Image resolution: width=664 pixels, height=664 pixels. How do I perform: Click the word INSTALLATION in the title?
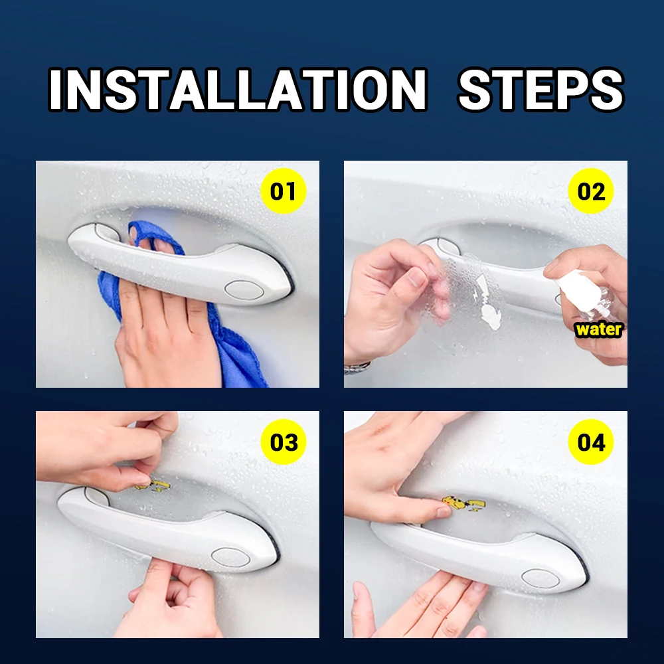(238, 90)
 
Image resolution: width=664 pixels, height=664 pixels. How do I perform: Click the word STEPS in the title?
(540, 90)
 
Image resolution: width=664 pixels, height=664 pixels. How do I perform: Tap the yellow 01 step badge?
(283, 192)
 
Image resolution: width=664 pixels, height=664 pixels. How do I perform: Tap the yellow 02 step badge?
(591, 192)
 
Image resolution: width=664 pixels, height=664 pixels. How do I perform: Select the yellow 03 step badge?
(283, 442)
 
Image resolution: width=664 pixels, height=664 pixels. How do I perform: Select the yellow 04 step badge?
(591, 442)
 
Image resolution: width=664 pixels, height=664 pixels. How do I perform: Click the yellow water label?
(599, 329)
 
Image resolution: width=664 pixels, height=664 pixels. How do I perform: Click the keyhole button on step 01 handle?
(244, 289)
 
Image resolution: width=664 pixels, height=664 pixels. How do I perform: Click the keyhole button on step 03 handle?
(230, 557)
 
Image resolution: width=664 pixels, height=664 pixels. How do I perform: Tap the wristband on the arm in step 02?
(357, 367)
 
